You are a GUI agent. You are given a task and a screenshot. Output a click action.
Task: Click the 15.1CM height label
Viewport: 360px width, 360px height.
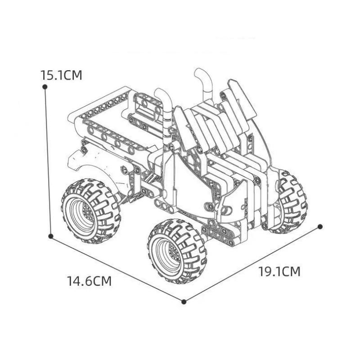coord(61,75)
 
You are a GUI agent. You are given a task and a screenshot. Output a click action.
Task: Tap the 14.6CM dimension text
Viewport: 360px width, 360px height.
coord(89,281)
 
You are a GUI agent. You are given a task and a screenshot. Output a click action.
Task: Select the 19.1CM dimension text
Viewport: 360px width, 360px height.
coord(279,272)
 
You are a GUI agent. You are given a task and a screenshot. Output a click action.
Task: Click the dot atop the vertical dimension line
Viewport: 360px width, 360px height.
coord(45,86)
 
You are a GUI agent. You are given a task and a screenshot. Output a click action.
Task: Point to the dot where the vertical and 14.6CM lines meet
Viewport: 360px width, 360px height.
coord(51,236)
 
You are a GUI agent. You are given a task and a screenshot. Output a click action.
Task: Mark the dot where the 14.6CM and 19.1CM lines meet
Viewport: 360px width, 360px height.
coord(184,301)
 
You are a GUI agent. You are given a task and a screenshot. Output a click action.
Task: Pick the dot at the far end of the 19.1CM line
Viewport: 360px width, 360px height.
coord(320,226)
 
